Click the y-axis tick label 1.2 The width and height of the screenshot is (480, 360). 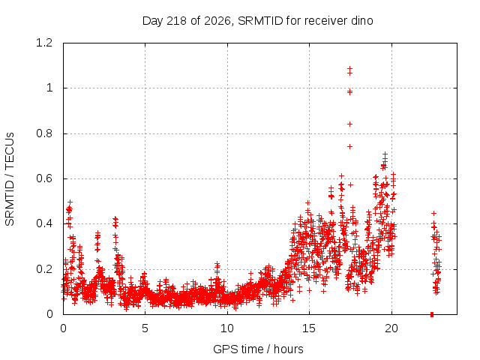[x=44, y=43]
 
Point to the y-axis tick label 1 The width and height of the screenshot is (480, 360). [x=49, y=88]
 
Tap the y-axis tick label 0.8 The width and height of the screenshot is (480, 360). [x=44, y=133]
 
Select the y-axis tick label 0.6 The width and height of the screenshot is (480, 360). [x=44, y=178]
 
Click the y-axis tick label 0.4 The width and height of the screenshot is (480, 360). [x=44, y=223]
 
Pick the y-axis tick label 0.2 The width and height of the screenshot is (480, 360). [x=44, y=269]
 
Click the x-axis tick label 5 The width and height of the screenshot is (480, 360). [x=145, y=328]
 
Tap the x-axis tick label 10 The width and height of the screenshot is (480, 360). [x=227, y=328]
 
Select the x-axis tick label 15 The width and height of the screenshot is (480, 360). [x=309, y=328]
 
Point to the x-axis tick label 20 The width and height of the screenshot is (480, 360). [x=391, y=328]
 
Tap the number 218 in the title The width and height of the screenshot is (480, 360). [x=177, y=21]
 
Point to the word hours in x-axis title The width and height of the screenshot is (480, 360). [x=288, y=349]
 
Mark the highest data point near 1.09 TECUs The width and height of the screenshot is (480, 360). [x=349, y=68]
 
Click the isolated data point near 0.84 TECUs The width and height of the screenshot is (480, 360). [x=349, y=124]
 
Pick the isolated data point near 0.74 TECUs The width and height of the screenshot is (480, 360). [x=349, y=147]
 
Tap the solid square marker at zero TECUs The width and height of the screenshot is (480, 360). [x=432, y=314]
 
